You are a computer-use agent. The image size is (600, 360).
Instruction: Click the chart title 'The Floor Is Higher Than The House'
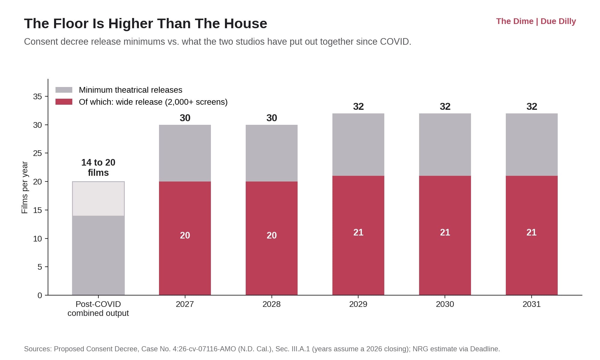145,23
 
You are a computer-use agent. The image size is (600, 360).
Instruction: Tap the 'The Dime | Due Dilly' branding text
536,21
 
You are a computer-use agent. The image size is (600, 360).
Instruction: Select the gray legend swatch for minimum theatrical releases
64,90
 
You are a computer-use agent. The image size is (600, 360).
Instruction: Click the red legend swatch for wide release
64,102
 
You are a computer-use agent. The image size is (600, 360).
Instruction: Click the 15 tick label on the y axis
37,210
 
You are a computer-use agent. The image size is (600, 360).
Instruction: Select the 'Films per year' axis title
25,187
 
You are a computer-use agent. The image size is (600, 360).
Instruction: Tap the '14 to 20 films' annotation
98,167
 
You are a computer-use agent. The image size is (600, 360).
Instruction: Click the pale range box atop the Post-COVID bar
98,199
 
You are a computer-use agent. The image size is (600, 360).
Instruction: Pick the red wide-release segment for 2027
185,238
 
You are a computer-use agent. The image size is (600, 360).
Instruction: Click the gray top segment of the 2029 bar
358,145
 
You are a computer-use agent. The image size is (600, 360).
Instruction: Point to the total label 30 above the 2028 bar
271,118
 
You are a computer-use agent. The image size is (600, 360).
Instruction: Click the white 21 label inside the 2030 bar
445,232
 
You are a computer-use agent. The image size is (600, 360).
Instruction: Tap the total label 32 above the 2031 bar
532,106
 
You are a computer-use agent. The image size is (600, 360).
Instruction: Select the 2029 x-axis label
358,304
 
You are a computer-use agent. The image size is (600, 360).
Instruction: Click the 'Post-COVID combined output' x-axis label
98,308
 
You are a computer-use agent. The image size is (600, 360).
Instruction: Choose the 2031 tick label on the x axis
532,304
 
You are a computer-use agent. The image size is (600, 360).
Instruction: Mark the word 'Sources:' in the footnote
38,349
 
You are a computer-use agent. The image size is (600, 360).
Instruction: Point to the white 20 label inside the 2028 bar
271,235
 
